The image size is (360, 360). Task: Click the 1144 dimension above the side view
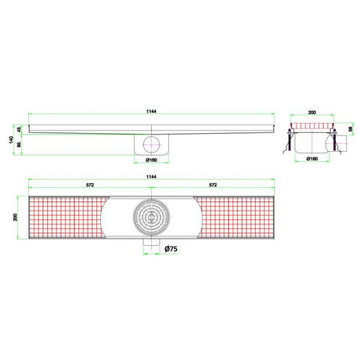tap(151, 113)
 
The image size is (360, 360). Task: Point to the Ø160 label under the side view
tap(152, 160)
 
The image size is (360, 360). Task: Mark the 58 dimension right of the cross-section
tap(349, 128)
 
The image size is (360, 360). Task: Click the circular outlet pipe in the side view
tap(151, 145)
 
